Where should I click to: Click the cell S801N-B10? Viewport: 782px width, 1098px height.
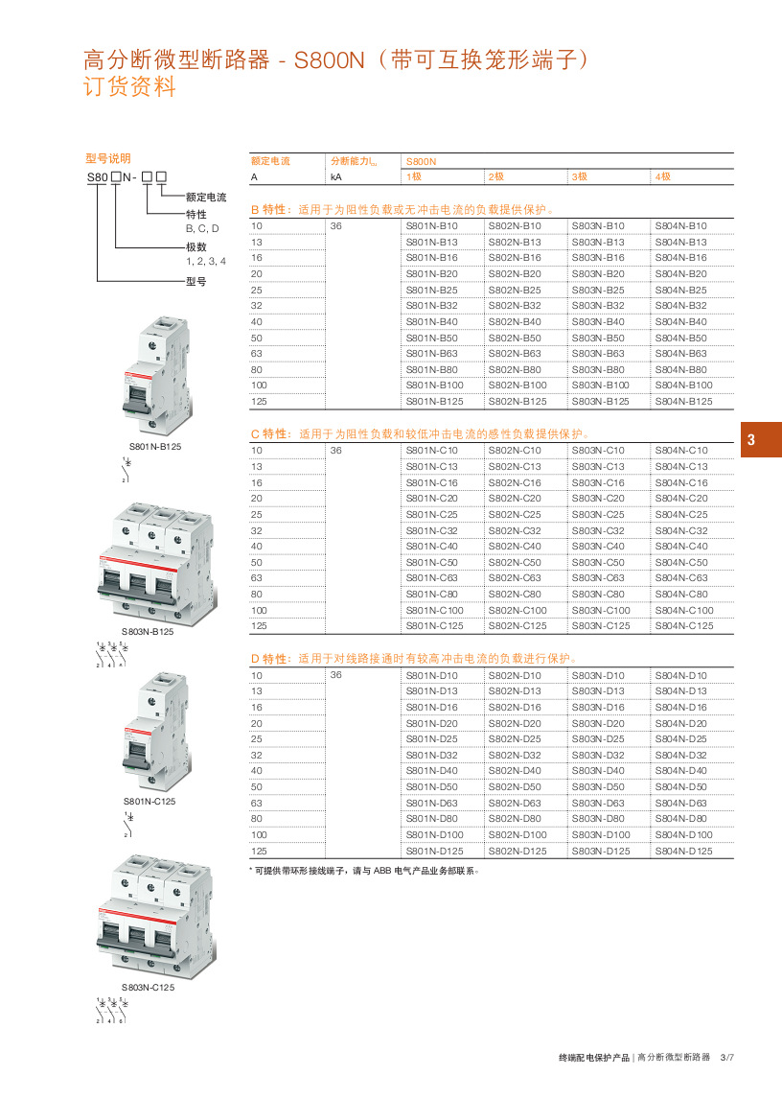[x=432, y=225]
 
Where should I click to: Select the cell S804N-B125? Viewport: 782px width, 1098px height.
[x=683, y=402]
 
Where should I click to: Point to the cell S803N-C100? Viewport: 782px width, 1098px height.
[x=601, y=610]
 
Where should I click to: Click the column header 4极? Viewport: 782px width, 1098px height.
[x=663, y=177]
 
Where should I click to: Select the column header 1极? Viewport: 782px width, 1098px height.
[x=414, y=177]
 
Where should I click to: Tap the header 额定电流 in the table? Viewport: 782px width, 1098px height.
[x=270, y=161]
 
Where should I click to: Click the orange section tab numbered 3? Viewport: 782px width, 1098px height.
[x=752, y=441]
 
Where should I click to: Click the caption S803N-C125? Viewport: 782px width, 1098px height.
[x=148, y=987]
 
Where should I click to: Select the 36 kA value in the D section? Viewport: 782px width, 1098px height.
[x=335, y=675]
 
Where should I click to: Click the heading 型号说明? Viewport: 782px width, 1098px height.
[x=107, y=159]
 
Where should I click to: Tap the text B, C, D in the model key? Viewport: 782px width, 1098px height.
[x=202, y=228]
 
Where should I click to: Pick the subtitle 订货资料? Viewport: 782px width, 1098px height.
[x=131, y=88]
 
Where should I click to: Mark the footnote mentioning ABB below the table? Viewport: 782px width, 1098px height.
[x=363, y=872]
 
